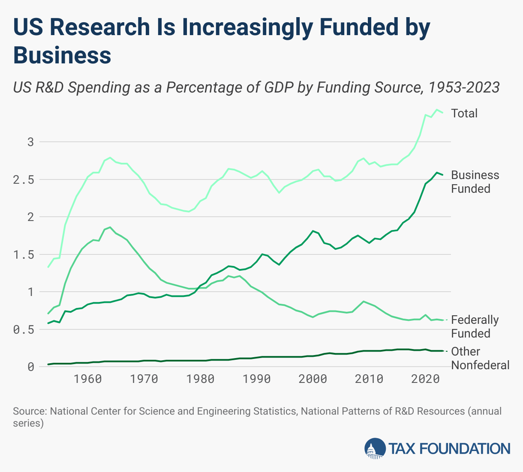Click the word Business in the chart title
click(62, 55)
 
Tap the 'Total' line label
click(464, 113)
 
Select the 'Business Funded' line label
click(475, 182)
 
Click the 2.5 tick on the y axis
click(24, 179)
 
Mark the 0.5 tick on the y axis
click(24, 330)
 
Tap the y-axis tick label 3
click(30, 142)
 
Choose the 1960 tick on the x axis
click(88, 379)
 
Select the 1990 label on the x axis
click(256, 379)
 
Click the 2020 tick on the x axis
click(424, 379)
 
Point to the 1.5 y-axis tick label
click(24, 255)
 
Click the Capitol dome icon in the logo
click(375, 448)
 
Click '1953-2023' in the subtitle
click(464, 87)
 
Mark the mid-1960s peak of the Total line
click(110, 158)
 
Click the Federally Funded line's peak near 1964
click(110, 227)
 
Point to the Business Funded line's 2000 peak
click(313, 231)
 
